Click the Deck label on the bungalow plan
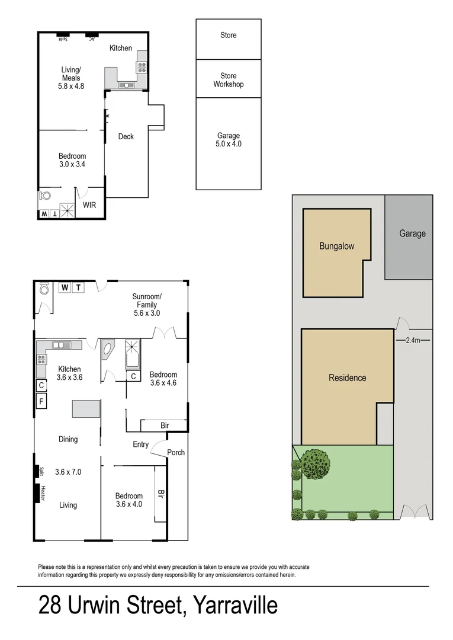126,136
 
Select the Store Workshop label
229,80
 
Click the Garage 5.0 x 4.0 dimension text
229,144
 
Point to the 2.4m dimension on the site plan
413,340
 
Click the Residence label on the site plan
347,377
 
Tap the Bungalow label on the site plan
336,246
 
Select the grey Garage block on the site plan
409,237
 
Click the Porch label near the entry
176,453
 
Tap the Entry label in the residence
141,444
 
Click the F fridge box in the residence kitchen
41,401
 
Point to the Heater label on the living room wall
43,493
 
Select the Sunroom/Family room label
146,305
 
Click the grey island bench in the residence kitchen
86,409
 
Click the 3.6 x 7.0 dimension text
68,472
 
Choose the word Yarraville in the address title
231,606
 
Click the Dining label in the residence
68,439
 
